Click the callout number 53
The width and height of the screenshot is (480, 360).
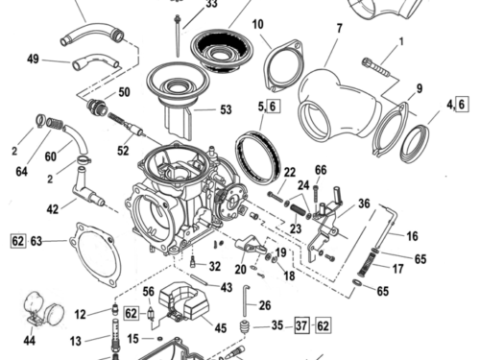click(226, 109)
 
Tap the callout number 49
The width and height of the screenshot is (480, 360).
click(33, 59)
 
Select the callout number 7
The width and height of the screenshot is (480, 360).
click(339, 28)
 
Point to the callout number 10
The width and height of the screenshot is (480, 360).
click(258, 24)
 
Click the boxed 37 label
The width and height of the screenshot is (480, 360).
click(301, 325)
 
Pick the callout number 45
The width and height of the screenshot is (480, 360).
click(221, 328)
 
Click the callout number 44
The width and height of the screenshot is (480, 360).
click(30, 341)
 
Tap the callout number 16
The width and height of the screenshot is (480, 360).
click(412, 236)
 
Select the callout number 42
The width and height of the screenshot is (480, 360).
click(53, 209)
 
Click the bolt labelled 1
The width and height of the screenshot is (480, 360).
click(376, 67)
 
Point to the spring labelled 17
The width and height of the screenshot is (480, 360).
click(366, 265)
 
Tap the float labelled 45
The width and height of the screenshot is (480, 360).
click(184, 300)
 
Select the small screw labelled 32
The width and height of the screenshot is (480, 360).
click(193, 262)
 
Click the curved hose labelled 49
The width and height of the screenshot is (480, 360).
click(96, 61)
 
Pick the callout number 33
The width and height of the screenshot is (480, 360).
click(211, 4)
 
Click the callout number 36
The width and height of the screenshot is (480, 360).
click(364, 204)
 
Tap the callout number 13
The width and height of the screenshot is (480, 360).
click(76, 341)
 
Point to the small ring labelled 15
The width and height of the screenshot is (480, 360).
click(159, 339)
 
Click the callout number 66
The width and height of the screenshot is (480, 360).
click(321, 170)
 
